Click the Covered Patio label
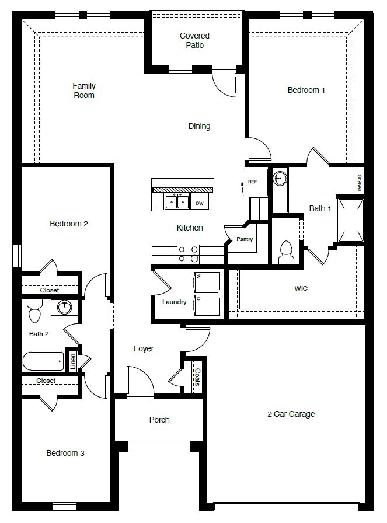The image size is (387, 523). coord(194,40)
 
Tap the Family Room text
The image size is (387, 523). coord(84,90)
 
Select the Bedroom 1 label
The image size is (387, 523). coord(306,90)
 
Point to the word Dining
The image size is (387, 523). coord(199,126)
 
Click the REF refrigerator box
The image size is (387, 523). coord(252,182)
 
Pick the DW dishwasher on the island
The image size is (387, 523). coord(200,203)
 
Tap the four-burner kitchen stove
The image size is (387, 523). coord(188,253)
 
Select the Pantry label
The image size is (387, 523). coord(244,239)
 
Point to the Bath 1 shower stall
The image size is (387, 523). coord(351,220)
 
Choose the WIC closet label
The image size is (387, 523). coord(301,288)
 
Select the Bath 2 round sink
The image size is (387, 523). coord(65,307)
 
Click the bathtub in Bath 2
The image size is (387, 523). coord(43,361)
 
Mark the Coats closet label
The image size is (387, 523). coord(197,377)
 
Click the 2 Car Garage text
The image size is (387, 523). coord(291,414)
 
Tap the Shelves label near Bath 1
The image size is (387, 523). coord(360,183)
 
